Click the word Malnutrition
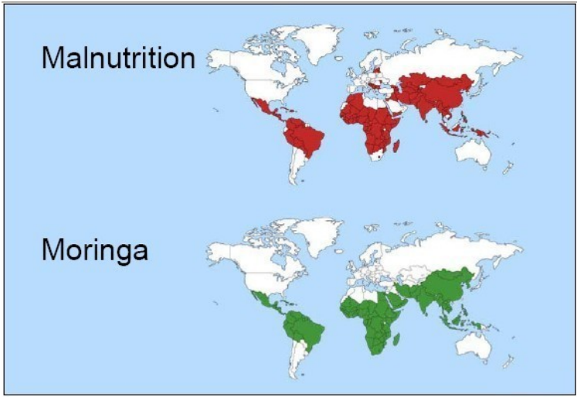[x=117, y=58]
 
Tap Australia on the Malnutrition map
[x=473, y=152]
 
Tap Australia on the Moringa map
[x=473, y=345]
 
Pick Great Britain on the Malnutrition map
[x=346, y=71]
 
